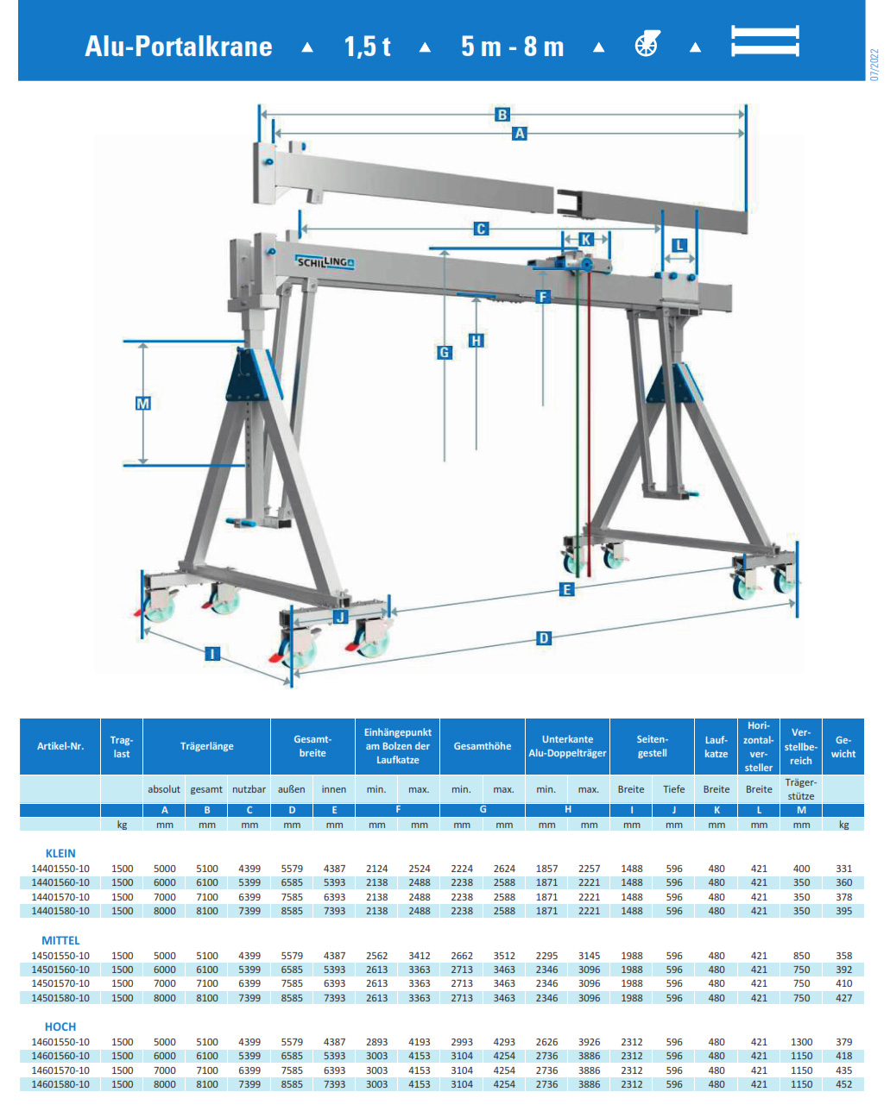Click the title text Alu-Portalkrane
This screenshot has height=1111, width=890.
tap(179, 47)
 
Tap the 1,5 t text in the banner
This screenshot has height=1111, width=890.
tap(367, 47)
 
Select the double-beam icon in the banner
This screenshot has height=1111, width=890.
tap(765, 41)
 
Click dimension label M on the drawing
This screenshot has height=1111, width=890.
tap(143, 403)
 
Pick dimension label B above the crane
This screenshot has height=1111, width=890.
tap(502, 114)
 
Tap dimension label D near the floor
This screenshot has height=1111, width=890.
tap(544, 638)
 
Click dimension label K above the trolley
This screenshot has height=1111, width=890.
tap(587, 239)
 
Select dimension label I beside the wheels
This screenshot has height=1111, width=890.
tap(212, 654)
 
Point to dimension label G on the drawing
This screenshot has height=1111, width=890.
tap(445, 352)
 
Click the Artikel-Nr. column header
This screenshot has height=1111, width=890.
tap(60, 746)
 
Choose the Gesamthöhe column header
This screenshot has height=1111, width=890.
tap(483, 746)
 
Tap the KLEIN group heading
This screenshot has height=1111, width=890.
tap(60, 853)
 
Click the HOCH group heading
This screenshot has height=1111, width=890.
tap(60, 1026)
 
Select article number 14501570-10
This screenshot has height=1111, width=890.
tap(60, 983)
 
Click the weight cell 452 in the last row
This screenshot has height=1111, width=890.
tap(843, 1084)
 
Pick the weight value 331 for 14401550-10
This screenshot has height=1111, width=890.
tap(843, 869)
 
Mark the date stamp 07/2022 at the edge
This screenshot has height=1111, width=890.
tap(874, 65)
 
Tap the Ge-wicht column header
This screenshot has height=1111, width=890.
tap(843, 746)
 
